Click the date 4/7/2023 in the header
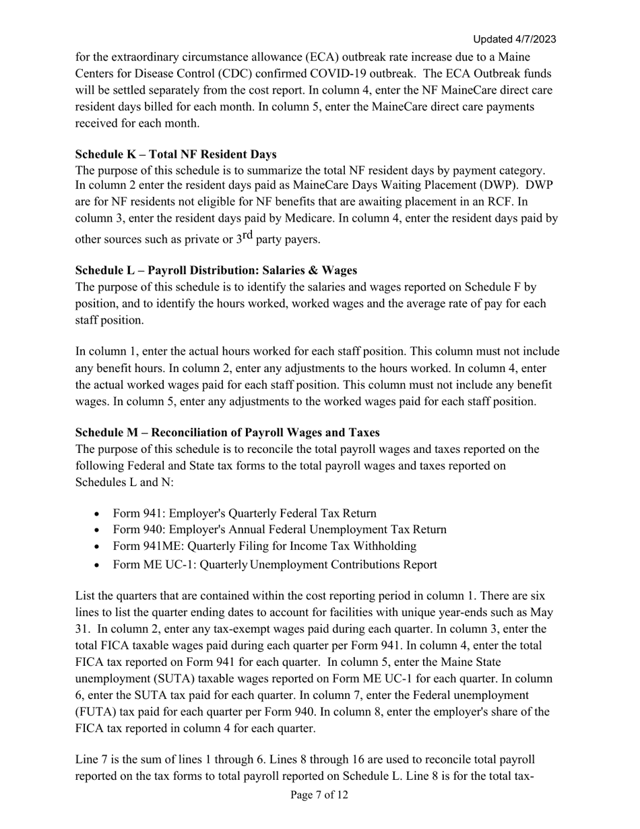pyautogui.click(x=534, y=39)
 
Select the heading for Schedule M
pyautogui.click(x=227, y=433)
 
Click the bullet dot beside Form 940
pyautogui.click(x=98, y=530)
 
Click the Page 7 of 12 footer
pyautogui.click(x=319, y=795)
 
